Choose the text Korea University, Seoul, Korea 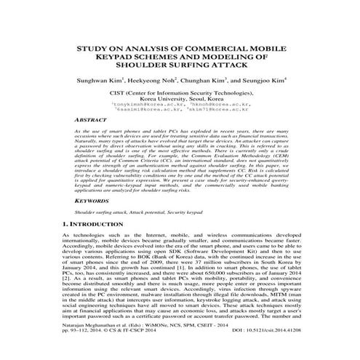tap(180, 100)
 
